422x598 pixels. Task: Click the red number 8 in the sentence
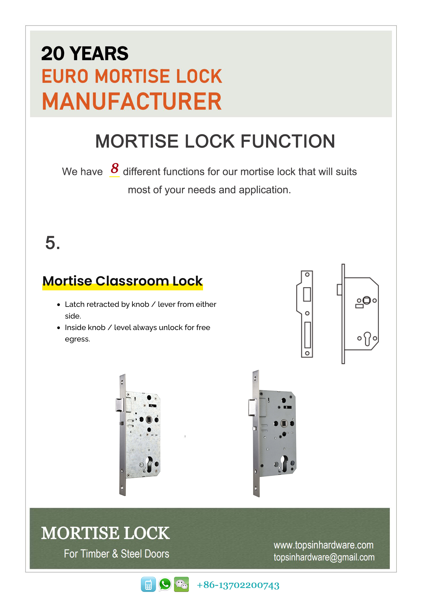pos(114,168)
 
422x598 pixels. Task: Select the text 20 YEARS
pos(85,54)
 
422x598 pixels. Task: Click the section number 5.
pos(52,243)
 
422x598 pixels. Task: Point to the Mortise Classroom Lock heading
pos(122,281)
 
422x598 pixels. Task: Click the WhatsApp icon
pos(165,584)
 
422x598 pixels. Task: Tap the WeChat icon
pos(181,584)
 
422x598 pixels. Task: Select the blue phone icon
pos(148,584)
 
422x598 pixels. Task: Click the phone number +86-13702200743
pos(238,585)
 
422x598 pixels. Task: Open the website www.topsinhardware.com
pos(323,545)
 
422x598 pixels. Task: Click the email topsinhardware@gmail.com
pos(324,557)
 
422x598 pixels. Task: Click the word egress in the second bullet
pos(77,339)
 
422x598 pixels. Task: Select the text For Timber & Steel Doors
pos(117,554)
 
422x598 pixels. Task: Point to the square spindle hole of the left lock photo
pos(149,420)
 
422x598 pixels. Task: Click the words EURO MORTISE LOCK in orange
pos(132,76)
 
